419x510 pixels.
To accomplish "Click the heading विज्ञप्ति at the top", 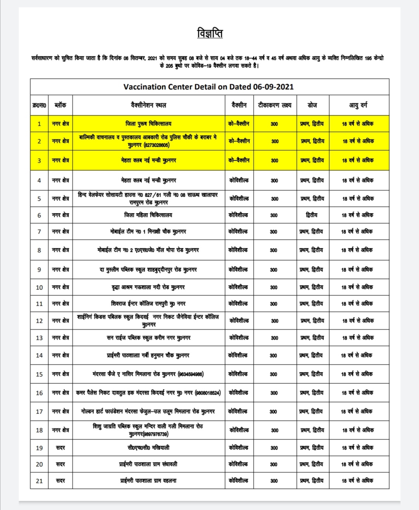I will [x=210, y=33].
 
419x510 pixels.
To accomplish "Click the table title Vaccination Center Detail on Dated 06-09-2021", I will [x=209, y=87].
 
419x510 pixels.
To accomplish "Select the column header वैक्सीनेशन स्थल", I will [x=148, y=105].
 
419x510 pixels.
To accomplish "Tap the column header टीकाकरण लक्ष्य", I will [x=274, y=105].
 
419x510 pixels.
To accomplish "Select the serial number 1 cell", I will [x=39, y=124].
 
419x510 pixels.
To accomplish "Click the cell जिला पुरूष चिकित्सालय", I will [x=148, y=124].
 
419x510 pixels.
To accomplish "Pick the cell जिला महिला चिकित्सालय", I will [x=148, y=215].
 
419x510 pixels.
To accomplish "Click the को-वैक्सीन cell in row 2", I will [x=239, y=141].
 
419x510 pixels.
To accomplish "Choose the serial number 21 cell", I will [x=39, y=481].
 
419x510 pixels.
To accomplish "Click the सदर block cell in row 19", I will [x=61, y=448].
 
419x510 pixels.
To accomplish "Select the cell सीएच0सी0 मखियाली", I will [x=148, y=448].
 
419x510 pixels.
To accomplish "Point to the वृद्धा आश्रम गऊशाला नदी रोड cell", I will [x=148, y=287].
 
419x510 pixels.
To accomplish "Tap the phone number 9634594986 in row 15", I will [x=191, y=375].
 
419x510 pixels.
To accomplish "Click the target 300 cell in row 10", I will [x=274, y=288].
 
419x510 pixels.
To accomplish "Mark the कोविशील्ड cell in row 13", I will [x=239, y=338].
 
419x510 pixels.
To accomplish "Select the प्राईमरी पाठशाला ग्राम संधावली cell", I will [x=148, y=464].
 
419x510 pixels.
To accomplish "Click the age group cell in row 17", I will [x=357, y=411].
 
